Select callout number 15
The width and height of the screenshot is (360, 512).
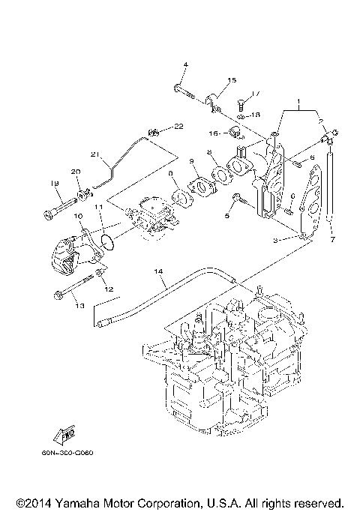[231, 79]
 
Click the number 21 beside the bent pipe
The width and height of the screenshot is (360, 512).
[95, 155]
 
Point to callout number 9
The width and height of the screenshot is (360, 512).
[192, 161]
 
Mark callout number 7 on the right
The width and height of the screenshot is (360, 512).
[331, 240]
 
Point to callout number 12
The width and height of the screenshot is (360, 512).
[109, 289]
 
